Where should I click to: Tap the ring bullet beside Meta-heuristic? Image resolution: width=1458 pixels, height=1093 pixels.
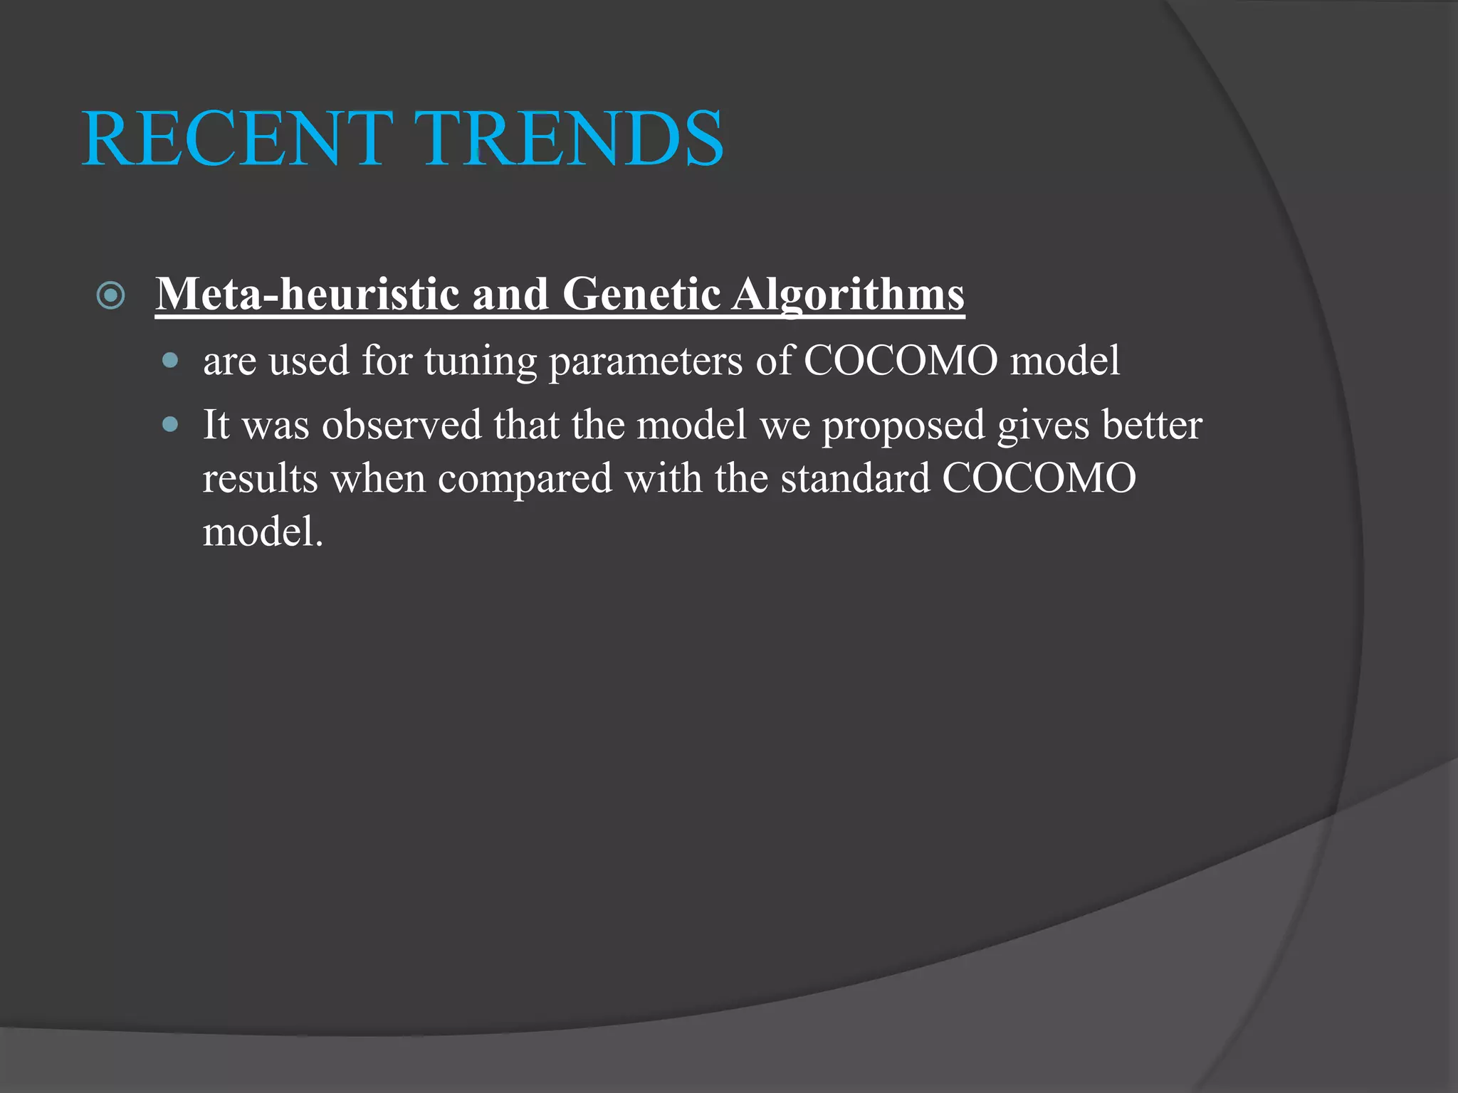(x=111, y=295)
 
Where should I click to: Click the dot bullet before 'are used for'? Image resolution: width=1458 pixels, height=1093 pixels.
(x=169, y=360)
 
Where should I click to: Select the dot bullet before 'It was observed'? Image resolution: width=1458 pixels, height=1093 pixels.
(x=169, y=425)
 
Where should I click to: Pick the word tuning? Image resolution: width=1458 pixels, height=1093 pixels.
(x=481, y=361)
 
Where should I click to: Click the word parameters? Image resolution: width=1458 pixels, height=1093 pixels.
(x=646, y=361)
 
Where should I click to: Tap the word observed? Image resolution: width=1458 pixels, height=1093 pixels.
(x=402, y=425)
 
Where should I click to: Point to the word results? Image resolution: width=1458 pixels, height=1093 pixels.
(x=260, y=478)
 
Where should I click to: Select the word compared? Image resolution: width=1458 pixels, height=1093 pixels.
(x=525, y=479)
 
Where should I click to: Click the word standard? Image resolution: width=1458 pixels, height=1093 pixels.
(x=855, y=478)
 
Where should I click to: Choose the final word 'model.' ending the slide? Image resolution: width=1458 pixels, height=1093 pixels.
(x=263, y=532)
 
